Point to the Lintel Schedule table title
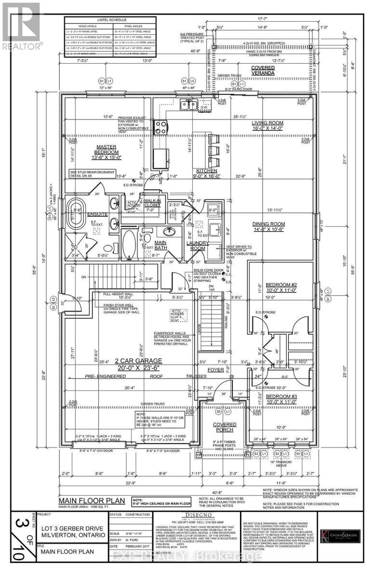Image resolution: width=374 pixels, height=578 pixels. coord(110,21)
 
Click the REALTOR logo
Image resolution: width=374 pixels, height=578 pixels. coord(21,24)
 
